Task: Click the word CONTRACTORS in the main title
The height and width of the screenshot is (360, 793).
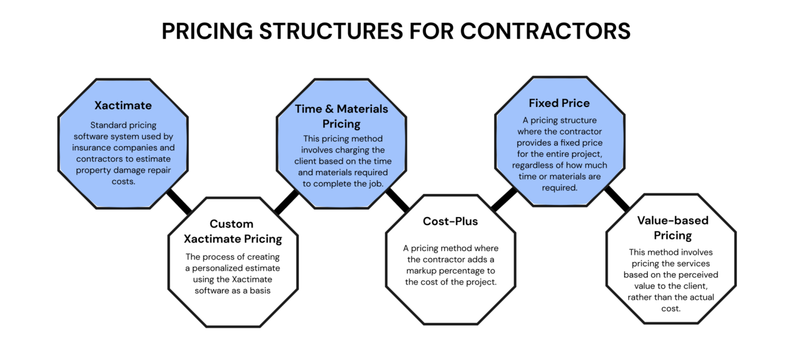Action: point(545,31)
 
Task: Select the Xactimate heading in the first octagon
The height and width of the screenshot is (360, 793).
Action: point(123,105)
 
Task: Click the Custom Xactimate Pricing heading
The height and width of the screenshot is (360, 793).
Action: point(233,231)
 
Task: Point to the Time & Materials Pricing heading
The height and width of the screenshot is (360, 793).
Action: point(341,116)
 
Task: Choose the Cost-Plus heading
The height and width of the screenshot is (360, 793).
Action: point(450,222)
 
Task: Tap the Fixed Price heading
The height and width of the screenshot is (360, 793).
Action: point(559,103)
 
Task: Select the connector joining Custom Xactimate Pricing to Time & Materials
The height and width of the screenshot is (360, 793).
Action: point(287,201)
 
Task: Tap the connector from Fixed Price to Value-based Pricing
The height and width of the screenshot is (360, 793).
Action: point(617,199)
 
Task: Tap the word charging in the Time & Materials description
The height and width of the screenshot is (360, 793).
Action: point(367,150)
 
